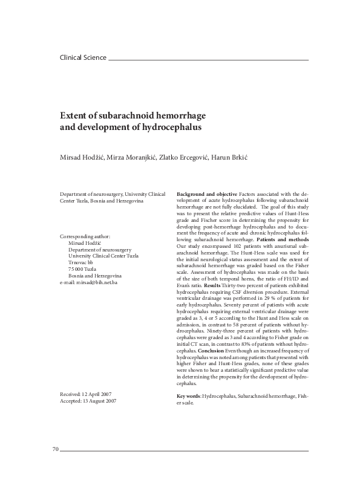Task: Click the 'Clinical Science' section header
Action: pyautogui.click(x=82, y=58)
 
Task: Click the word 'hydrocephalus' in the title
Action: pyautogui.click(x=171, y=128)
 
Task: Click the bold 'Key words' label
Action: pyautogui.click(x=188, y=396)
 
